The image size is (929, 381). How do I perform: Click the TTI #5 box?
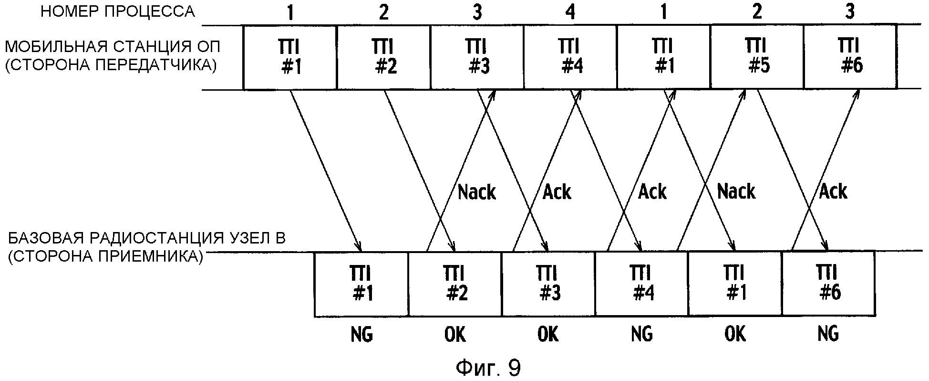tap(756, 57)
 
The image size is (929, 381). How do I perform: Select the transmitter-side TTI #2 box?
tap(383, 57)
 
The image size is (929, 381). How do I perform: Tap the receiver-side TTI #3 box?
tap(548, 284)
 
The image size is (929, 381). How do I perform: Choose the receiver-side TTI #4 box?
tap(641, 284)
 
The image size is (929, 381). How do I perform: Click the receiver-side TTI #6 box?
tap(828, 284)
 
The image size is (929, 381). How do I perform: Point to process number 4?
tap(570, 12)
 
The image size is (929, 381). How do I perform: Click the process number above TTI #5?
tap(756, 12)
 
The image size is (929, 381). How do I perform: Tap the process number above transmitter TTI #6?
tap(849, 12)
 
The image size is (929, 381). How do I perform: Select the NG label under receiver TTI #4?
tap(641, 334)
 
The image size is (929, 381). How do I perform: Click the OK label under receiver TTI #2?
tap(455, 334)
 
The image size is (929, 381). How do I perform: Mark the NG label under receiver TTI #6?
tap(828, 334)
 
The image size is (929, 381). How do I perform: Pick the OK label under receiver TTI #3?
tap(548, 334)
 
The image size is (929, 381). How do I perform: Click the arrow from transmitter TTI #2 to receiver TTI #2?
tap(420, 169)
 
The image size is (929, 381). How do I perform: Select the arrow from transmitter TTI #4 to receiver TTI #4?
tap(607, 169)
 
